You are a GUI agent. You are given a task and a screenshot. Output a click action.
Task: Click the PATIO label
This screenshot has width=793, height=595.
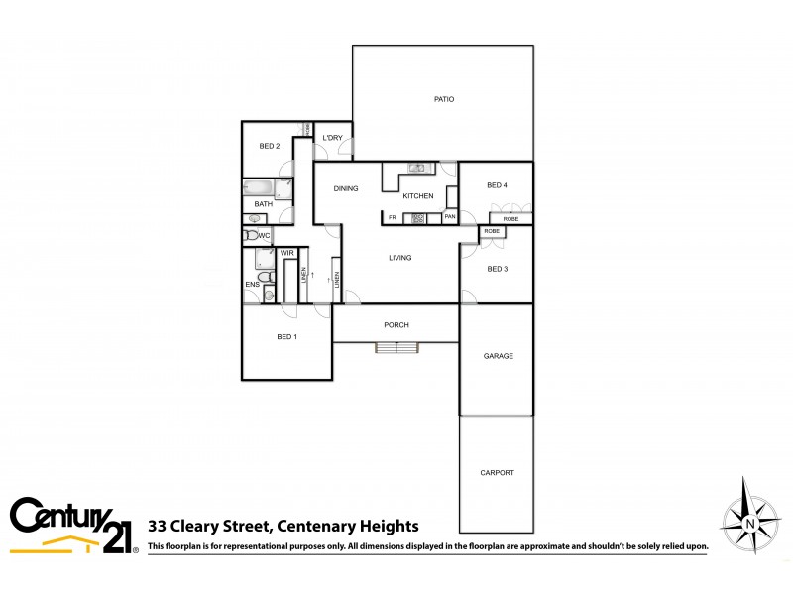[444, 99]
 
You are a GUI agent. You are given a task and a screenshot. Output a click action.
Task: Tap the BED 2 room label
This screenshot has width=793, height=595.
[270, 147]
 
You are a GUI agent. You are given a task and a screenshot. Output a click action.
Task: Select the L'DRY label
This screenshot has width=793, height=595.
[332, 138]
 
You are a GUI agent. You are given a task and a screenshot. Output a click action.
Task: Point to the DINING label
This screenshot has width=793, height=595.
[346, 188]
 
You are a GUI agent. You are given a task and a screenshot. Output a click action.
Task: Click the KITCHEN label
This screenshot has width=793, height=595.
[418, 196]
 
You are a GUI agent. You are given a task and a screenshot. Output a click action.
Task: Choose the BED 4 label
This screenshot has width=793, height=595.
[498, 185]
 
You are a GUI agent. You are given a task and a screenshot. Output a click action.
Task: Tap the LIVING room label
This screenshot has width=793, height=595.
[400, 258]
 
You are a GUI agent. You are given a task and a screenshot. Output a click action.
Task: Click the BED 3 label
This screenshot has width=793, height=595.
[498, 269]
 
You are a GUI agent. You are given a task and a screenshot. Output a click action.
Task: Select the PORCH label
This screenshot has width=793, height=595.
[396, 325]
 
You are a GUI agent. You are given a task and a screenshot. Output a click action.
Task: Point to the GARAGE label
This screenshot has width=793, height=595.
[498, 356]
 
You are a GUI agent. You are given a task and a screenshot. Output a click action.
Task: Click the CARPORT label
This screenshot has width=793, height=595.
[497, 473]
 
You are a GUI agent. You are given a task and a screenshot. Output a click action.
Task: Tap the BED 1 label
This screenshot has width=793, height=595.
[287, 337]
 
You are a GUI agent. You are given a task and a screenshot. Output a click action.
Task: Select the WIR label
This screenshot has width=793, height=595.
[287, 253]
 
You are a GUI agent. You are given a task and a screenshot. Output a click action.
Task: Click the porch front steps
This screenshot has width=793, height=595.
[396, 347]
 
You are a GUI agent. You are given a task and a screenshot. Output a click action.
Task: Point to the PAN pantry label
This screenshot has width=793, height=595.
[450, 217]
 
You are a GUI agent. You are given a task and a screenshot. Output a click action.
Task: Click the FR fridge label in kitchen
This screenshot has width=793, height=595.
[393, 217]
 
